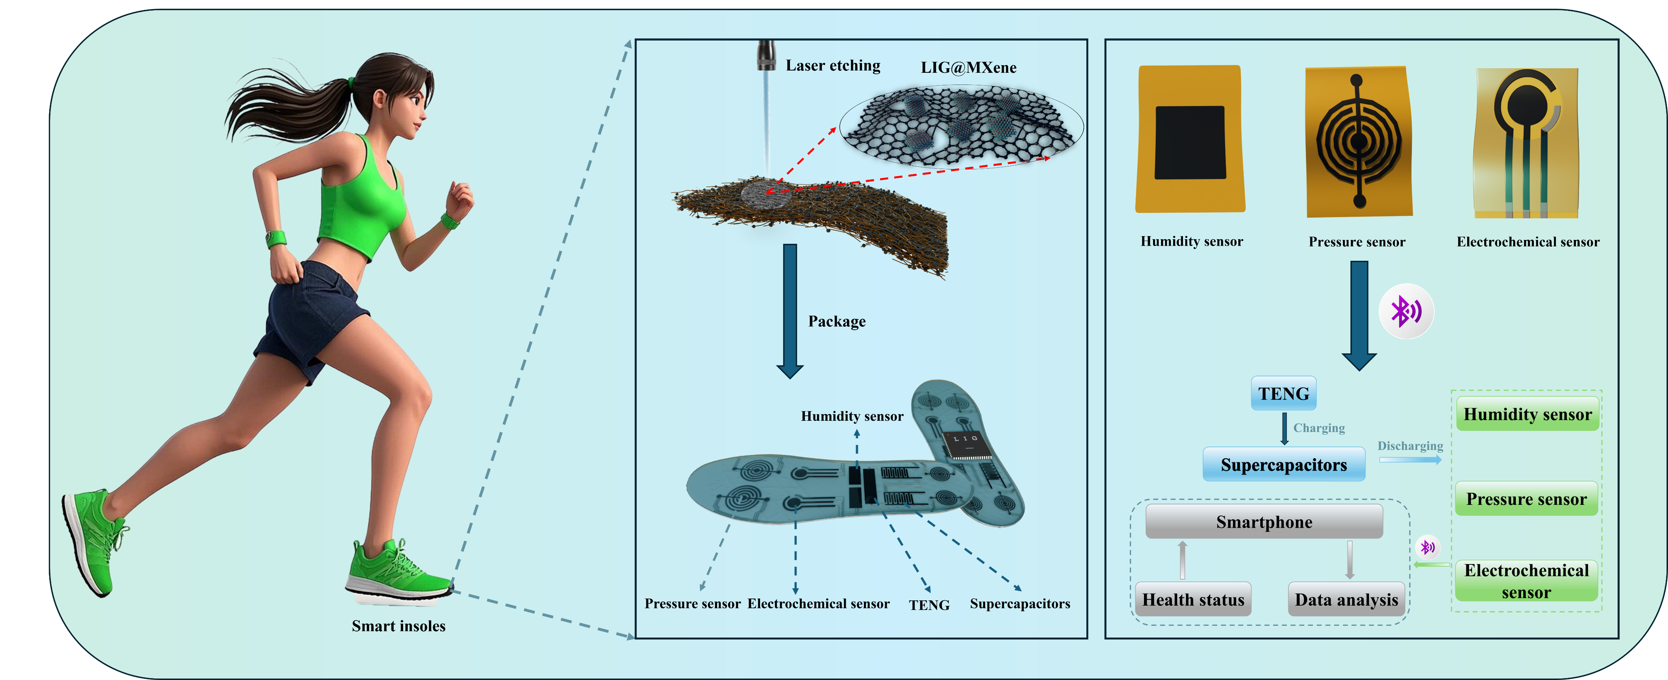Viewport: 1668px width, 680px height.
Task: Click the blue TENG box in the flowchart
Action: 1283,393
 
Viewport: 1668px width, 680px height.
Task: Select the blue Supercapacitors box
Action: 1284,464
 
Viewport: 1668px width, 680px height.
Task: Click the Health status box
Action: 1193,599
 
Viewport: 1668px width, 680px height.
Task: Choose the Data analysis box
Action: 1346,599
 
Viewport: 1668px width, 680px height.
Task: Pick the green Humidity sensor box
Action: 1527,414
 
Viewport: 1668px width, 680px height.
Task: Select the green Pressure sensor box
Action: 1526,499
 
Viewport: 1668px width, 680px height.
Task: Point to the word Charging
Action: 1319,428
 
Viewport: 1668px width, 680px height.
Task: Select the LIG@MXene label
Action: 969,67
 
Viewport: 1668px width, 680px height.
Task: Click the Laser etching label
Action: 833,66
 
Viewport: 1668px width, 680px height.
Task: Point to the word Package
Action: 837,321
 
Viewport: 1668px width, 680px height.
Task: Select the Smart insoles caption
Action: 398,625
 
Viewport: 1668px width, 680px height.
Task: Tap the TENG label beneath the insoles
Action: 929,605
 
